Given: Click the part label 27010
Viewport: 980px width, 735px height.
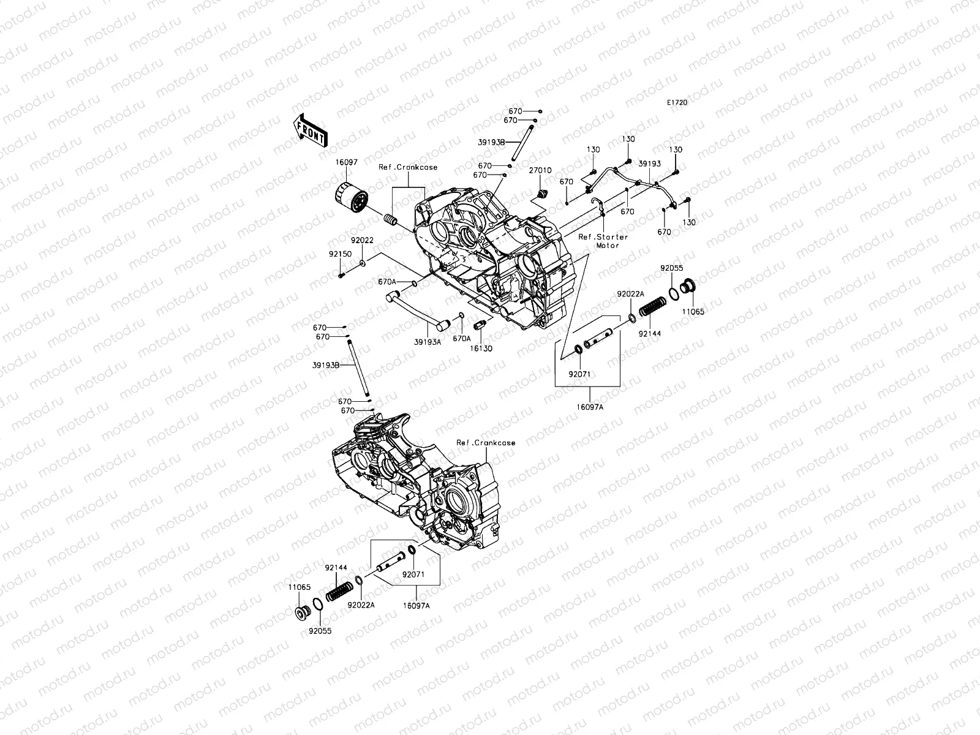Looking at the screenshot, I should (x=541, y=171).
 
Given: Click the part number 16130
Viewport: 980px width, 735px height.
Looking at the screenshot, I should (x=481, y=348).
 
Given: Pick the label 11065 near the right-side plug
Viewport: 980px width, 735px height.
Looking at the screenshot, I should (x=694, y=312).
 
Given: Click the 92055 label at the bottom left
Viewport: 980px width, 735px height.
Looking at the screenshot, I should (x=320, y=629).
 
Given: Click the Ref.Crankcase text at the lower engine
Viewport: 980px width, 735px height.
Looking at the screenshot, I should (x=486, y=443).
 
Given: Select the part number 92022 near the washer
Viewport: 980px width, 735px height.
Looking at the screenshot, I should (x=362, y=241).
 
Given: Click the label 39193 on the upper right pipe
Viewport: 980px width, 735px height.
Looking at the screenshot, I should (x=649, y=164).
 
